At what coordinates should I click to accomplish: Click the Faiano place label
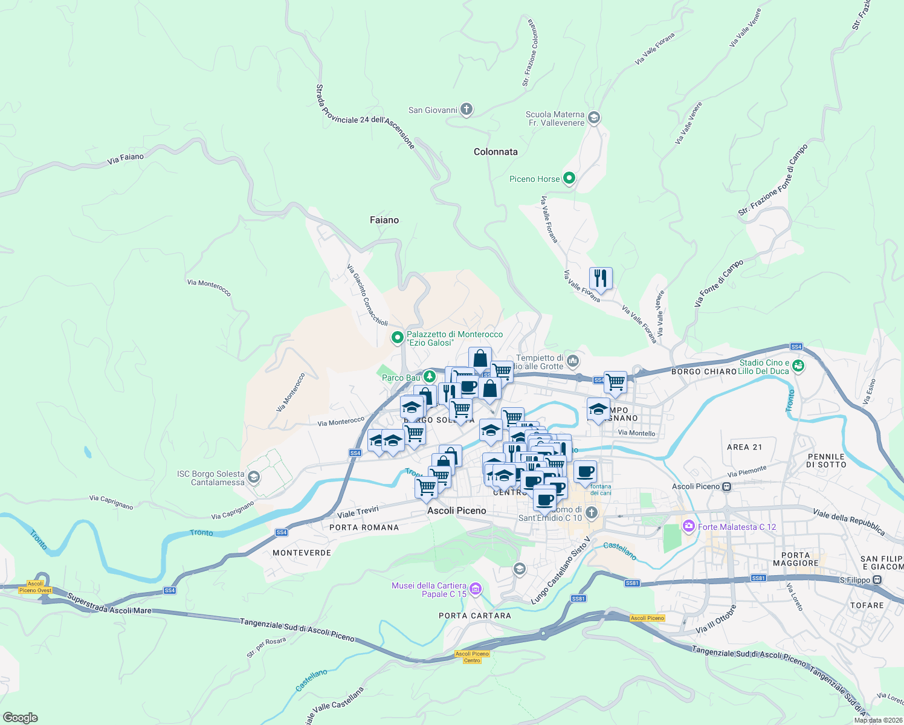(384, 220)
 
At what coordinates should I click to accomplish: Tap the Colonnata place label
(496, 152)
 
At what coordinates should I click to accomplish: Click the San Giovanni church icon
(466, 109)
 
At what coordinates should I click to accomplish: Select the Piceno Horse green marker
(569, 178)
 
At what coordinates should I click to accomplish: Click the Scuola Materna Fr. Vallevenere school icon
(593, 118)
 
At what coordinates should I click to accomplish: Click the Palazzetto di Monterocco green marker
(397, 338)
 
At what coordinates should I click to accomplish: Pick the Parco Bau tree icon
(429, 377)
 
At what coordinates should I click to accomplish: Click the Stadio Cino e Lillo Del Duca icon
(798, 366)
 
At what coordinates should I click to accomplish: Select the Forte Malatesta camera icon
(688, 527)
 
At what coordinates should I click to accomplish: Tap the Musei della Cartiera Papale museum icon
(476, 589)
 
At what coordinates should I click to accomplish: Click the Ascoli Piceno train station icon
(727, 486)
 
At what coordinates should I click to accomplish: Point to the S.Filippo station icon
(877, 580)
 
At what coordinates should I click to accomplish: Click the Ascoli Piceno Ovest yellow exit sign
(36, 587)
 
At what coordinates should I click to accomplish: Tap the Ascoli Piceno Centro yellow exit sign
(472, 657)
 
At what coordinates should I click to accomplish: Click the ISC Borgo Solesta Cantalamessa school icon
(254, 478)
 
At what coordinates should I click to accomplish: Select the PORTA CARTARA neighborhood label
(475, 616)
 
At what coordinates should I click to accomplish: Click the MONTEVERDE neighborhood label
(302, 553)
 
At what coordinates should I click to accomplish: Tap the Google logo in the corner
(20, 717)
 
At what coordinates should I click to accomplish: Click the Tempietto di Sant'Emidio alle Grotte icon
(573, 361)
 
